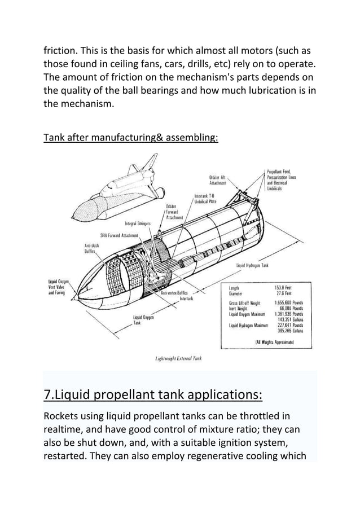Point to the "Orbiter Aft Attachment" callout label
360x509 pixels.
coord(218,180)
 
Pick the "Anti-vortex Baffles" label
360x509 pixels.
coord(175,293)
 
